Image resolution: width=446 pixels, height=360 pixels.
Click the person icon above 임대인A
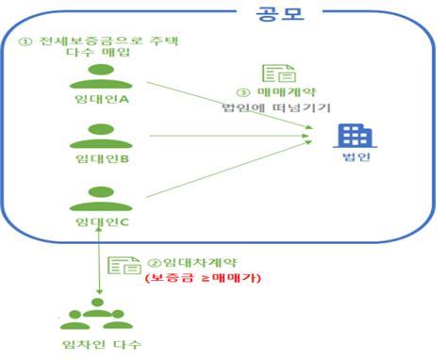tap(99, 76)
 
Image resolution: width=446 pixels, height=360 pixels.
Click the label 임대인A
tap(100, 98)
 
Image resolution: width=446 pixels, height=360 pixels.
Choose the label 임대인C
tap(100, 221)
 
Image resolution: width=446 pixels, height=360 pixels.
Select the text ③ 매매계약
tap(273, 92)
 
